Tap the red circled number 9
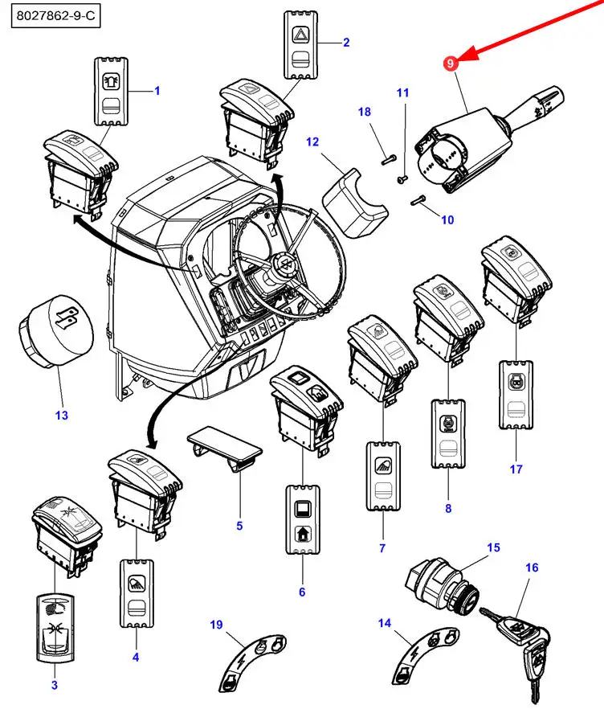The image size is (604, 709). pos(451,63)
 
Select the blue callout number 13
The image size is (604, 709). pos(61,416)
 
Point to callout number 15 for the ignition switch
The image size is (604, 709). pos(493,547)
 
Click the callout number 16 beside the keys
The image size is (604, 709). pos(531,568)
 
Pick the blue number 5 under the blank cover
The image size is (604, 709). pos(239,527)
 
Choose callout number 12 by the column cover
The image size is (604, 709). pos(312,142)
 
